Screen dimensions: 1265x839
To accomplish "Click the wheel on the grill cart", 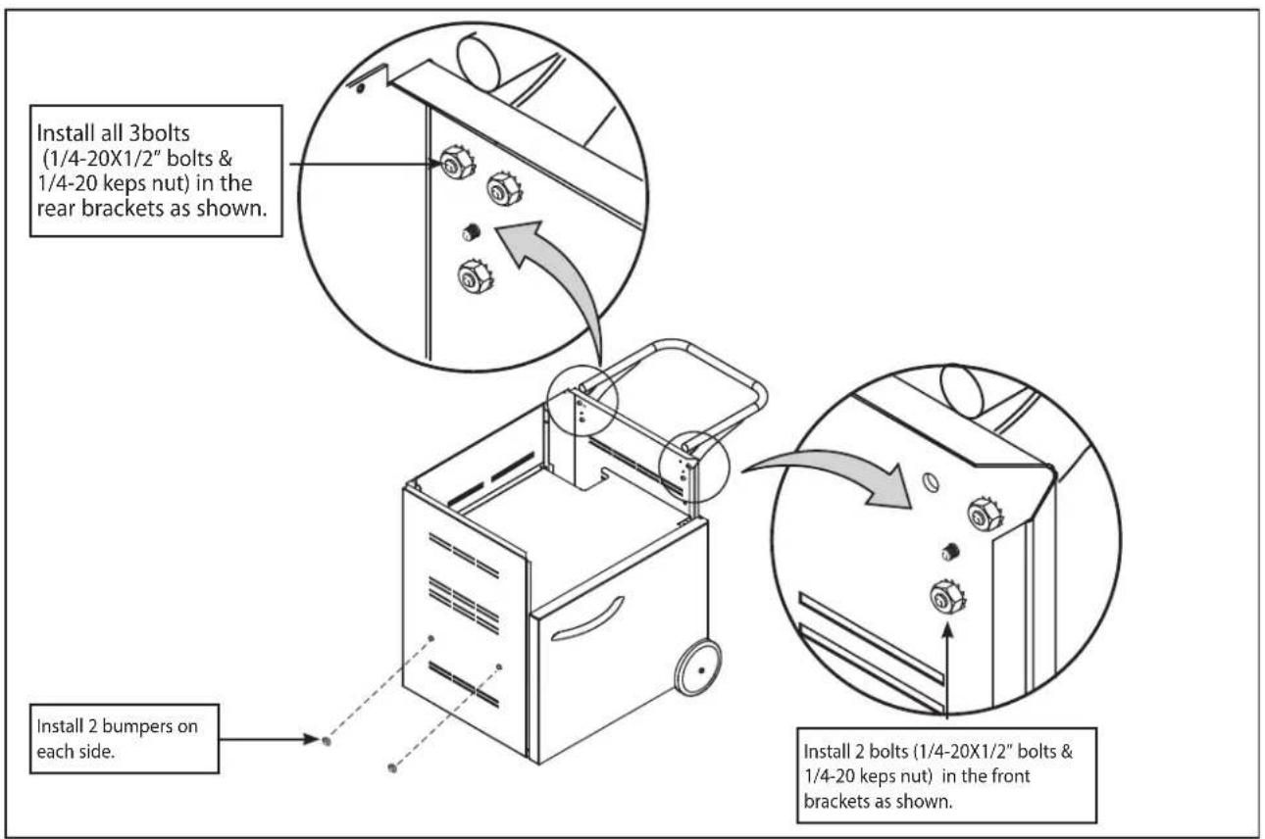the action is click(698, 667).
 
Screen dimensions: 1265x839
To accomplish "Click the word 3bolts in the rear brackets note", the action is click(160, 133).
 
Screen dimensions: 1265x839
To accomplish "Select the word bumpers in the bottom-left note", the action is click(137, 726).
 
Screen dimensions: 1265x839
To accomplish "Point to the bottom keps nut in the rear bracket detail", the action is click(475, 276).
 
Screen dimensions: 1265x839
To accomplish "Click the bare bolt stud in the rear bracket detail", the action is click(471, 231).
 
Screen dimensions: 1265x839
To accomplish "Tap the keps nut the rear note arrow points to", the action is click(457, 162).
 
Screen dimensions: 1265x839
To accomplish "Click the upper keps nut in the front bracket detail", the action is click(985, 514).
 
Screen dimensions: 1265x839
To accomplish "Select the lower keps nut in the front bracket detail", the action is click(947, 597).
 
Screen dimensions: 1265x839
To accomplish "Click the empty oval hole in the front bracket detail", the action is click(930, 483).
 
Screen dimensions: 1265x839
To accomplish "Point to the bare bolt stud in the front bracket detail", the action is click(951, 551).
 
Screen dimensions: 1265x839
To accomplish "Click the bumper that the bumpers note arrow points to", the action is click(327, 741).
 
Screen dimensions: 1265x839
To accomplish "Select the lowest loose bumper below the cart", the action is click(392, 767).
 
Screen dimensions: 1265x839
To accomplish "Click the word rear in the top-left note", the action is click(57, 209).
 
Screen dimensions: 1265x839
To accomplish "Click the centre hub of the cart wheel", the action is click(701, 670).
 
